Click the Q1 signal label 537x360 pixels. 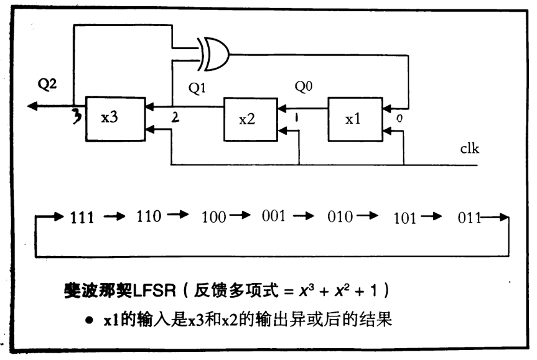point(197,89)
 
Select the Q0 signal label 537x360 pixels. point(302,89)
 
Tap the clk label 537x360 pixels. point(470,148)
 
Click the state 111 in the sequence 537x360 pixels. point(82,217)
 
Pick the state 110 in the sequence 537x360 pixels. point(147,217)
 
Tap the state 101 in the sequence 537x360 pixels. point(406,217)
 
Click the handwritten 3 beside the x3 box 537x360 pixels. point(77,116)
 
